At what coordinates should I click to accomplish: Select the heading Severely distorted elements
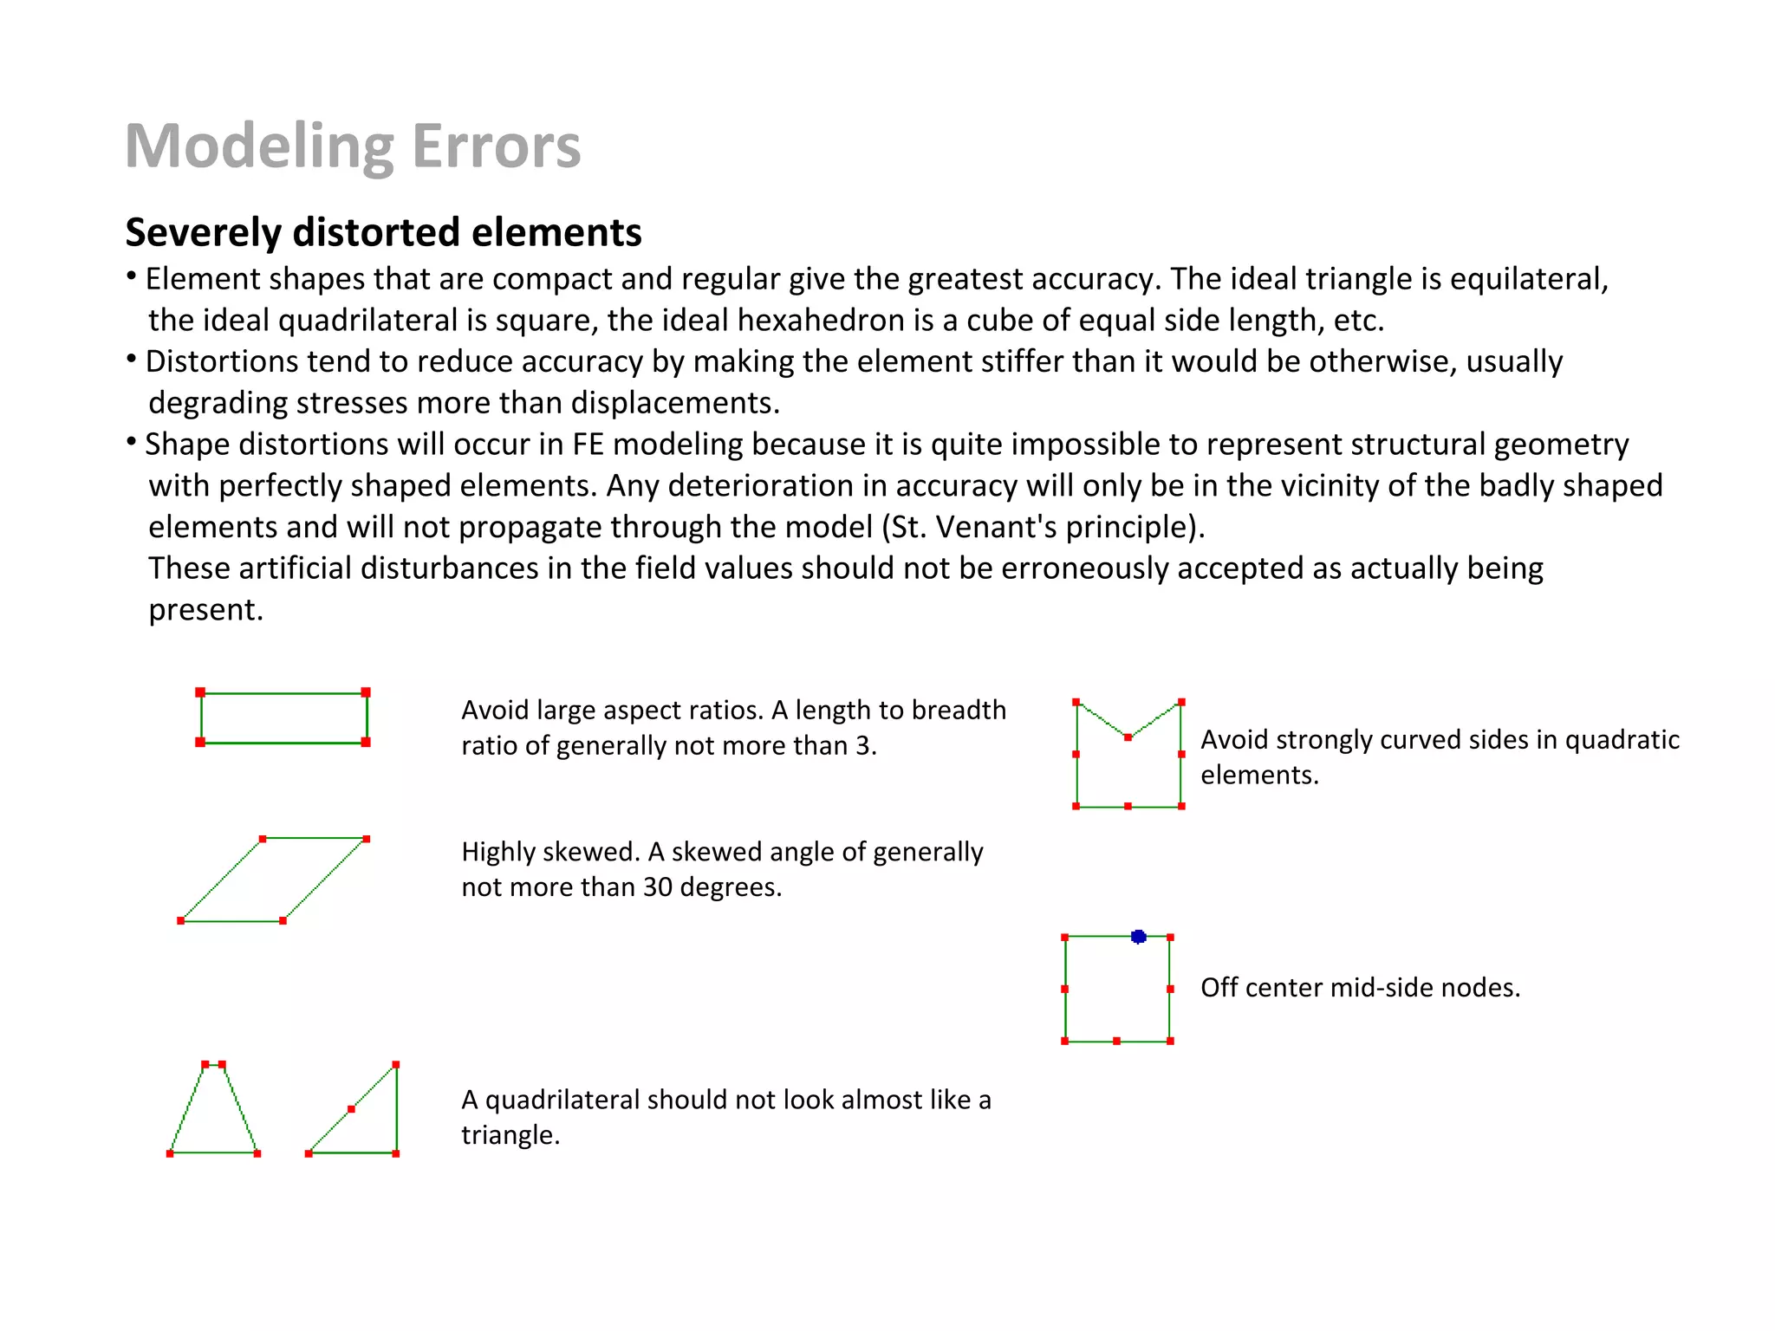coord(383,232)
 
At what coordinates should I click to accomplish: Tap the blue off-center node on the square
coord(1139,937)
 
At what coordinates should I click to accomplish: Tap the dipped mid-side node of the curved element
coord(1128,737)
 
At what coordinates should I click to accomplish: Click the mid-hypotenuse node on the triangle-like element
coord(351,1109)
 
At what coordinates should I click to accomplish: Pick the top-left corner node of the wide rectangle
coord(200,692)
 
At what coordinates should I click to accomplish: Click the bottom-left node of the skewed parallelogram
coord(180,920)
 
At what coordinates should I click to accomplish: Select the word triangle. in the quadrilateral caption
coord(510,1135)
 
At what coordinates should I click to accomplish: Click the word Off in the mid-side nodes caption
coord(1219,988)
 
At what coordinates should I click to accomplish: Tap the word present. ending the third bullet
coord(205,610)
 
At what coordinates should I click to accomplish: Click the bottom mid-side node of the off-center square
coord(1116,1041)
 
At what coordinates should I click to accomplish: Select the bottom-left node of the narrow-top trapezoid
coord(170,1153)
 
